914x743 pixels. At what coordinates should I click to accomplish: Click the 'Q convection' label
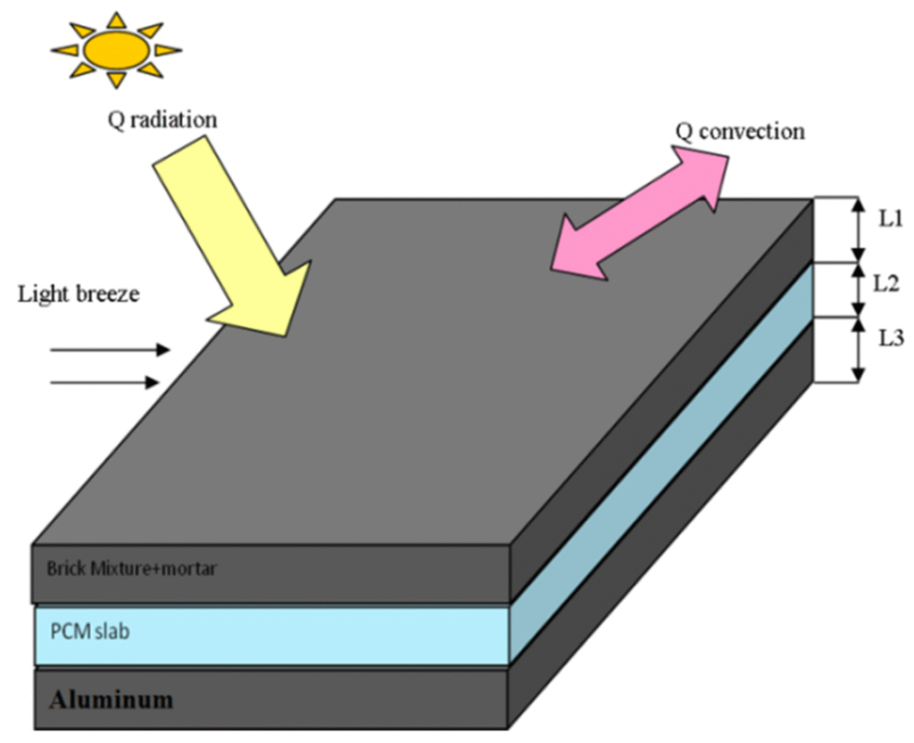click(739, 131)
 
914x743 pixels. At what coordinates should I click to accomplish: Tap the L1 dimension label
click(890, 220)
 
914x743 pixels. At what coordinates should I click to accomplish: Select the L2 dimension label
click(890, 285)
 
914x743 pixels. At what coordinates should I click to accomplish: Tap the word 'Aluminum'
click(112, 699)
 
